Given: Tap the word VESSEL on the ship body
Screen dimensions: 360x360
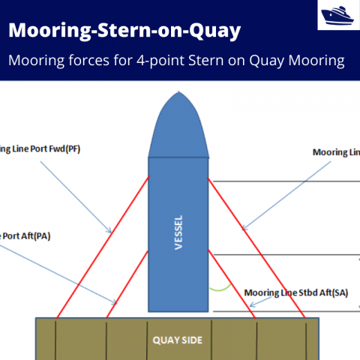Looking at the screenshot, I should pyautogui.click(x=178, y=233).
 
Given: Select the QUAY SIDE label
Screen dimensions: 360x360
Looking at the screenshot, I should pyautogui.click(x=178, y=340).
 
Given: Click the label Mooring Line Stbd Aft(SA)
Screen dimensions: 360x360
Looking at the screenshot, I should pyautogui.click(x=296, y=292).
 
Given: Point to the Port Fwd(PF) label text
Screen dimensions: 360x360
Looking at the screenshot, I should pyautogui.click(x=40, y=148).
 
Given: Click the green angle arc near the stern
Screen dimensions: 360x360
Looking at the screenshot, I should pyautogui.click(x=219, y=287).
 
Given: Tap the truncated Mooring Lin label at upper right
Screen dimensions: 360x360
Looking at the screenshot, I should pyautogui.click(x=336, y=152).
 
